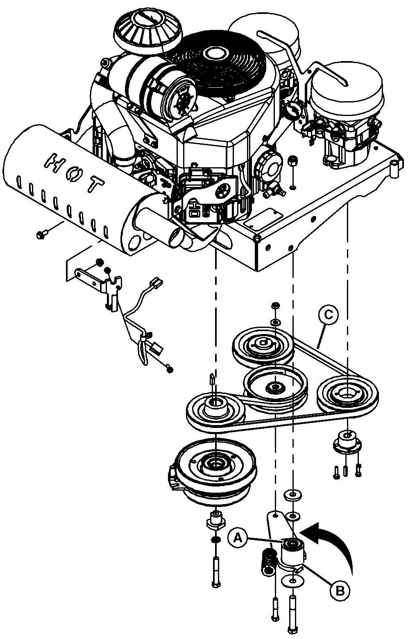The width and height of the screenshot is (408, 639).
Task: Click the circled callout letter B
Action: [340, 590]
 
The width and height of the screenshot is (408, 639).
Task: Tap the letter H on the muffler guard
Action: [53, 161]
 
